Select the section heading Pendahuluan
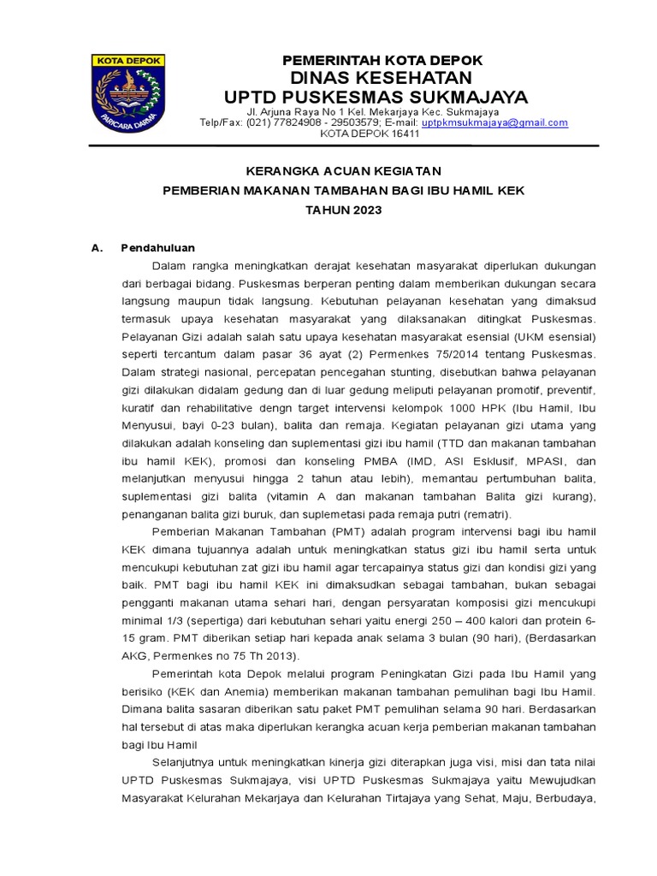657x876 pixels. [x=158, y=248]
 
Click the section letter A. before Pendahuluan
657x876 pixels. [x=97, y=248]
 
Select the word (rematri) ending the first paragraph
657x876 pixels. [x=484, y=514]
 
